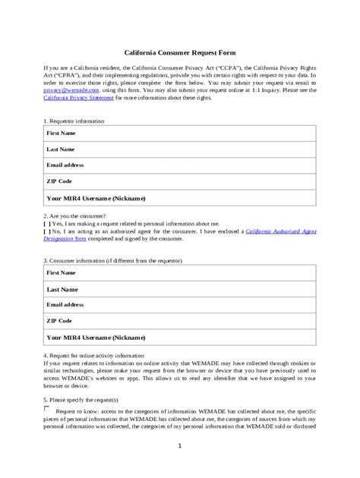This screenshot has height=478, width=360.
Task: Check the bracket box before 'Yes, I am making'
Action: click(x=47, y=224)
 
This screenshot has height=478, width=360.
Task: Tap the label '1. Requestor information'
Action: click(x=74, y=121)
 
